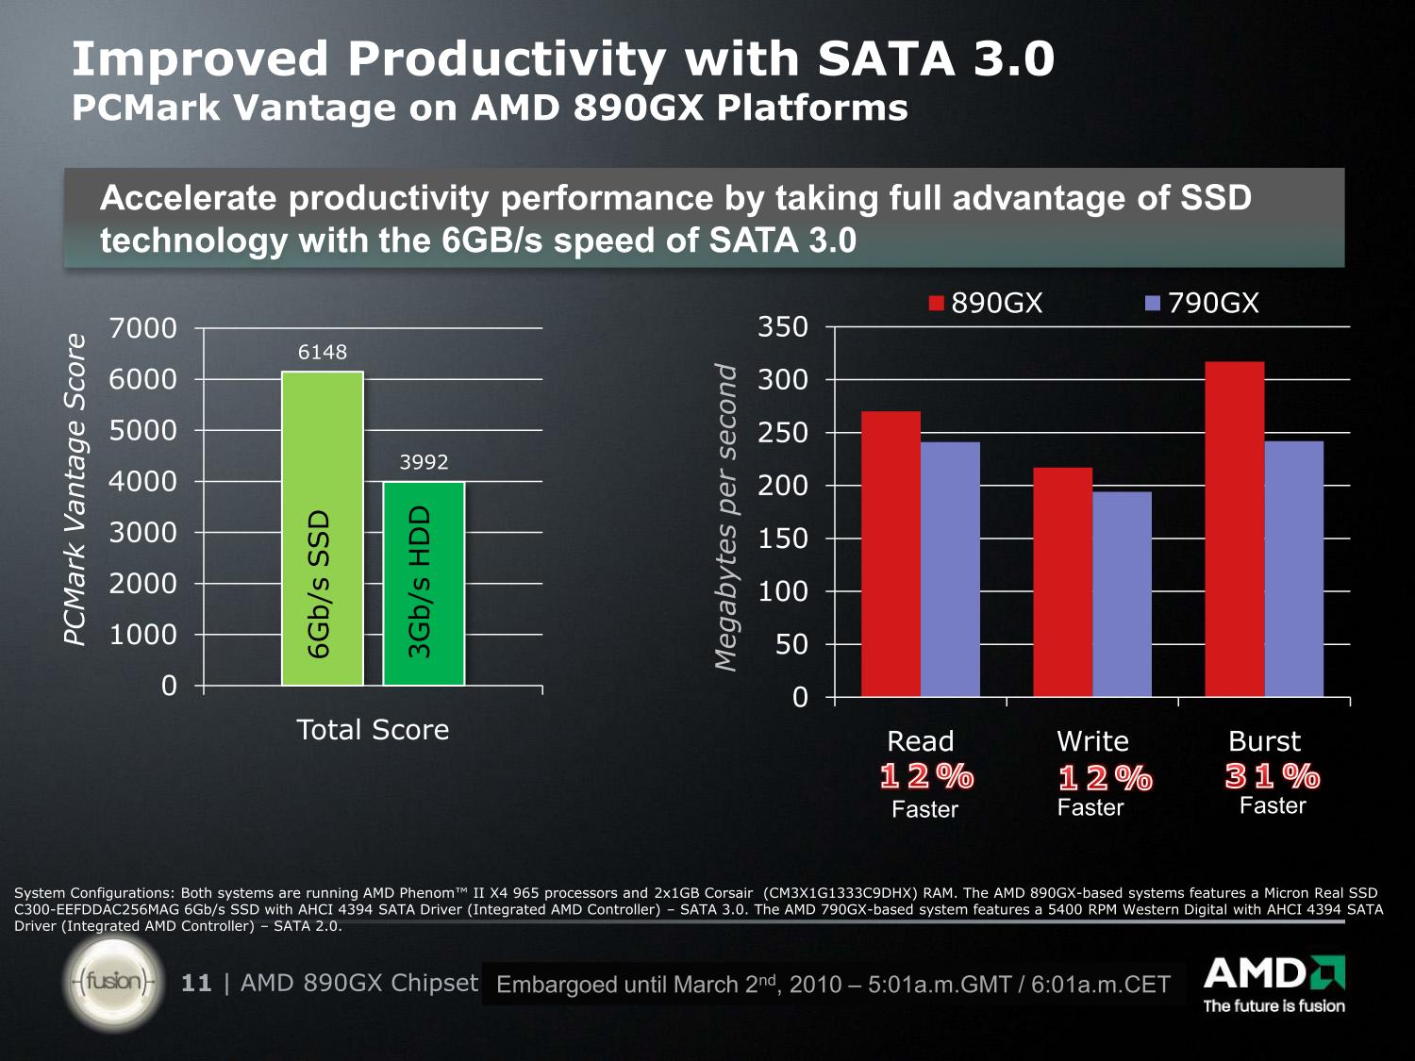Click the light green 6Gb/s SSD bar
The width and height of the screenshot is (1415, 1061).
coord(323,528)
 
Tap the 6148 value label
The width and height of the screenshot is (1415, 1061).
coord(323,352)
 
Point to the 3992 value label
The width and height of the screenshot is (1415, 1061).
coord(424,462)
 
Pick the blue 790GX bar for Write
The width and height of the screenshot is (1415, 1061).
coord(1122,594)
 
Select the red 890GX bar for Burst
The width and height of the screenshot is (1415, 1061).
coord(1234,529)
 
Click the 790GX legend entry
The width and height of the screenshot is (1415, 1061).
coord(1202,303)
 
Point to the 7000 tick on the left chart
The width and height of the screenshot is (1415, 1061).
coord(143,328)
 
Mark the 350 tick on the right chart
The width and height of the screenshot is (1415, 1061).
coord(783,327)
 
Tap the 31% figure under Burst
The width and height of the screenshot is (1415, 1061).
coord(1273,776)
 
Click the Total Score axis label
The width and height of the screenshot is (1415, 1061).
coord(373,729)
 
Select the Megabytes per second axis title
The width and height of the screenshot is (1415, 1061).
coord(724,517)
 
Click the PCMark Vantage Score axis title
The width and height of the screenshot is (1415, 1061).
coord(75,489)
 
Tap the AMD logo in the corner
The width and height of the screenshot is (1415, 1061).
coord(1273,984)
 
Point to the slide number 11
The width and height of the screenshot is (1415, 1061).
coord(196,983)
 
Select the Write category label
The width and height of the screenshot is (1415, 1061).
coord(1092,740)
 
